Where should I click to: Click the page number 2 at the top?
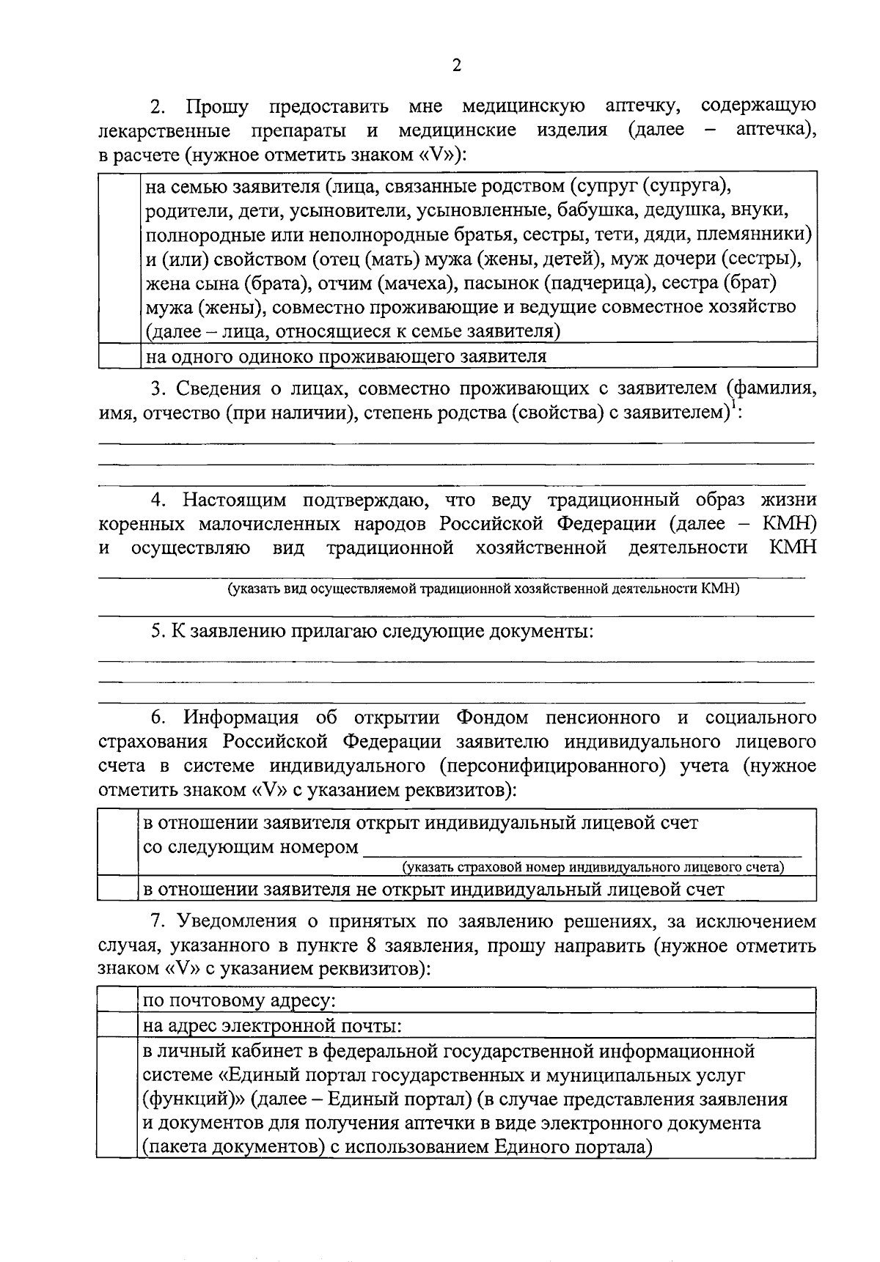456,66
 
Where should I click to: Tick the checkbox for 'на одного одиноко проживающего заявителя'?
118,357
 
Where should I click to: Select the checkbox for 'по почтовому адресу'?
118,1000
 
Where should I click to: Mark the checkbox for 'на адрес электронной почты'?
118,1025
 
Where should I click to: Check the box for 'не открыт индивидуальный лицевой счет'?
118,890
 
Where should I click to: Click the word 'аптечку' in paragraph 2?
639,107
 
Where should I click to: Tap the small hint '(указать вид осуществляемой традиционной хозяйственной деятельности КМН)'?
483,588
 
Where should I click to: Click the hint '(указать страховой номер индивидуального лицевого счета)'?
593,868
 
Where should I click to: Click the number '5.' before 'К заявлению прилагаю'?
158,631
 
